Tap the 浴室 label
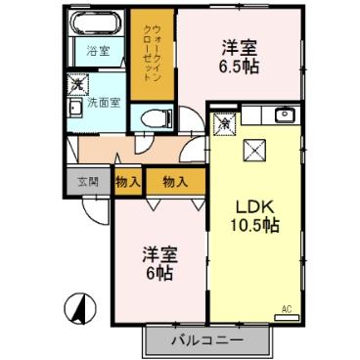pos(97,52)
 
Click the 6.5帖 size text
pos(239,69)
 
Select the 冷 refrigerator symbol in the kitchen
pos(224,123)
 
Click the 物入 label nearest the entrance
pos(128,181)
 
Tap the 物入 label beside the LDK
pos(176,181)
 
